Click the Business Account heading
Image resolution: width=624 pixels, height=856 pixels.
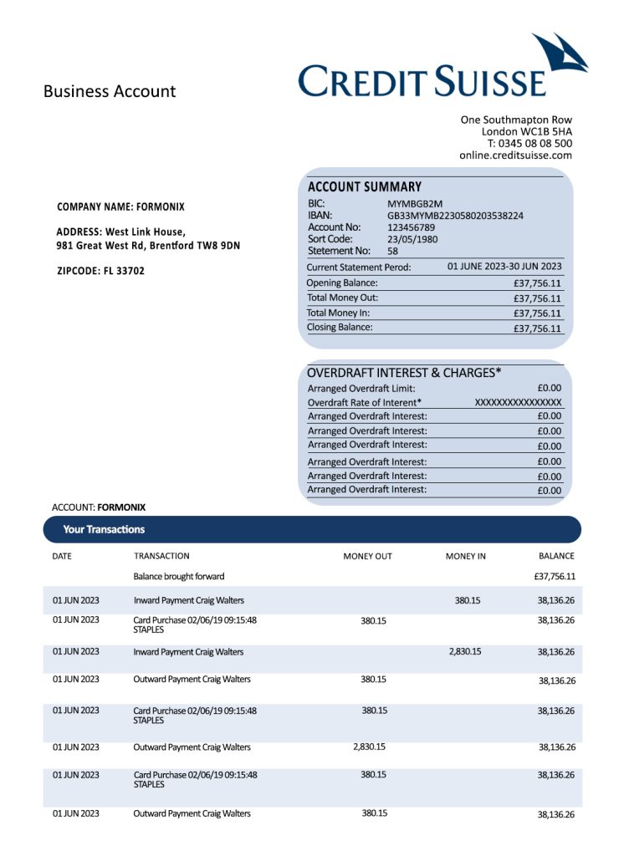[110, 91]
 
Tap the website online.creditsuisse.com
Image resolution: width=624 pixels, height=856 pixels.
[515, 155]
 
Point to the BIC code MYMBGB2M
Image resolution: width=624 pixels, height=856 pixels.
[415, 203]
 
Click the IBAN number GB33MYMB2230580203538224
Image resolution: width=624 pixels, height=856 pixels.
[455, 216]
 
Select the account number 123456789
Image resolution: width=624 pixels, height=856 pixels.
[411, 227]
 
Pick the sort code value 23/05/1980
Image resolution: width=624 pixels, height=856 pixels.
[412, 239]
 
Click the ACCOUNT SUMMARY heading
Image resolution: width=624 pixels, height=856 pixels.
[365, 187]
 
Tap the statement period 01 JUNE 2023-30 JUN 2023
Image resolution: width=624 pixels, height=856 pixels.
[504, 267]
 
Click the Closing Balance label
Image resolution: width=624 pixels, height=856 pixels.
[340, 327]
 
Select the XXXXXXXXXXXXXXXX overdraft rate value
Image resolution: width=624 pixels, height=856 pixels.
[518, 402]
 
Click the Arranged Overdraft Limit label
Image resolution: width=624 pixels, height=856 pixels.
[361, 388]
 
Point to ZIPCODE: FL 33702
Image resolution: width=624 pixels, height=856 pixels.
[100, 271]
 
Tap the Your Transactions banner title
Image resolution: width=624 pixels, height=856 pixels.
[104, 529]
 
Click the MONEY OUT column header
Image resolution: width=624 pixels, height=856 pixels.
[367, 556]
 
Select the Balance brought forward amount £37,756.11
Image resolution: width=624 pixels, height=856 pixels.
[554, 577]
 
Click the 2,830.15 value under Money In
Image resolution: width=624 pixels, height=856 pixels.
[465, 651]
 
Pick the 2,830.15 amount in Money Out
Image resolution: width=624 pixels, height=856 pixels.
[370, 746]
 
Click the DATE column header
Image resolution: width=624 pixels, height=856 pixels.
[61, 556]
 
